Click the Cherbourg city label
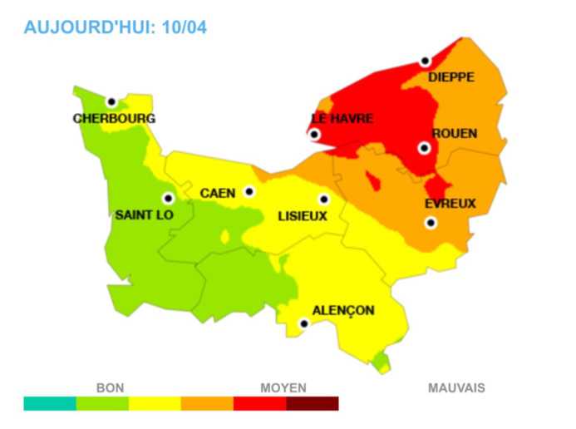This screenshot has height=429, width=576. coord(113,119)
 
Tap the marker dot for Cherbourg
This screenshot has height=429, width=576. coord(111,101)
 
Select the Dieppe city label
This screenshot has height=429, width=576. coord(450,77)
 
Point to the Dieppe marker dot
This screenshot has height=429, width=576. coord(425,62)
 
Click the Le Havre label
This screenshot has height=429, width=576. coord(342,119)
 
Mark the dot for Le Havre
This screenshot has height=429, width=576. coord(314,135)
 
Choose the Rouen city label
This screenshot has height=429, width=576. coord(454,133)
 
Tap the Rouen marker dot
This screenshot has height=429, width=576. coord(424,148)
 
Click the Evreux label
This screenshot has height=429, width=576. coord(450,204)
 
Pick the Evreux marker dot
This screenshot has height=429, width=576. coord(431,222)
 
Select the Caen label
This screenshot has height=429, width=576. coord(218,194)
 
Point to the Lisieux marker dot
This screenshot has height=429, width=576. coord(323,200)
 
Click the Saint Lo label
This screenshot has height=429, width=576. coord(143,215)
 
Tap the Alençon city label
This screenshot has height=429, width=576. coord(344,311)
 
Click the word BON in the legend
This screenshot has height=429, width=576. coord(110,387)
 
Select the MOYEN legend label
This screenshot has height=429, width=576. coord(283,387)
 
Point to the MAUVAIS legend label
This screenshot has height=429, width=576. coord(456,387)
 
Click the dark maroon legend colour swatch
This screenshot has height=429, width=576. coord(313,404)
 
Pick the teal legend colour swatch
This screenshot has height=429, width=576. coord(50,404)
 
